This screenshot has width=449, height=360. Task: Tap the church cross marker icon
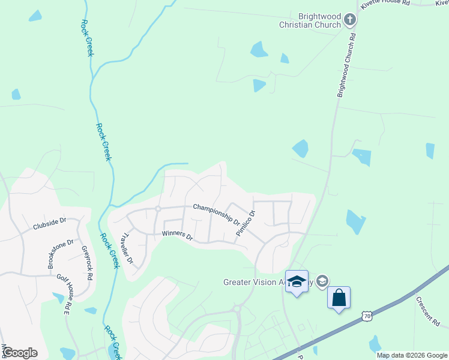coord(350,21)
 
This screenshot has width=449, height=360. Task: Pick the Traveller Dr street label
coord(127,250)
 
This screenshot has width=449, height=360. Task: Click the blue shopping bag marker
coord(339,298)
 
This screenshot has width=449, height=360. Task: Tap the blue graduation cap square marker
coord(297,282)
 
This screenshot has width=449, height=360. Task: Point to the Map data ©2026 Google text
coord(412,355)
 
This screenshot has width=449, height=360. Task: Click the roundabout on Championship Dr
coord(158,209)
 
